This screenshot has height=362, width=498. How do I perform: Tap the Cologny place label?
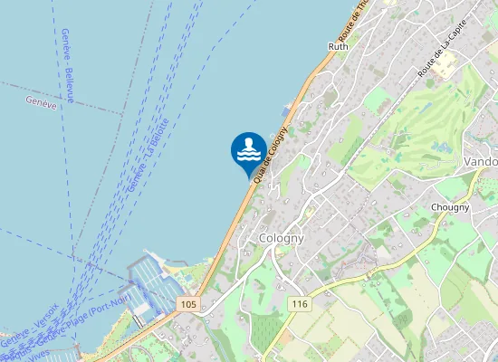(279, 238)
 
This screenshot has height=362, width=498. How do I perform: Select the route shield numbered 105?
(188, 304)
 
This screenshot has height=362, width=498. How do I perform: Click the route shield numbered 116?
(300, 304)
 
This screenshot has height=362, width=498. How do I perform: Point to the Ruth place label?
(338, 46)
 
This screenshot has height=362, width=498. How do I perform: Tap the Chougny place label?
(450, 207)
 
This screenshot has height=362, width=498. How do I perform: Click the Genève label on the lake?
(43, 102)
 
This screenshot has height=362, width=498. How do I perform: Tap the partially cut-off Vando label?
(480, 161)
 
